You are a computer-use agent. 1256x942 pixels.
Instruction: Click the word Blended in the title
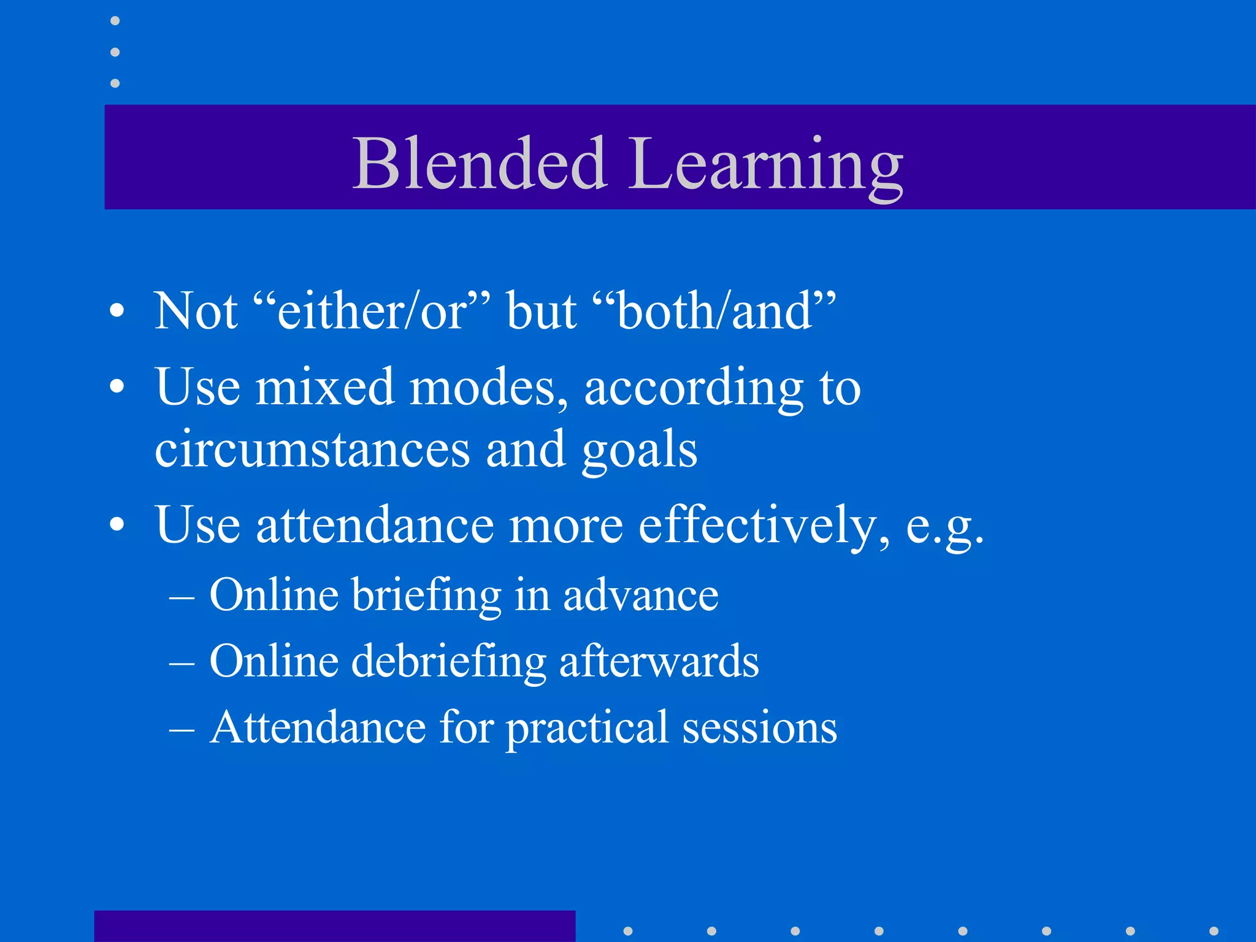pos(480,164)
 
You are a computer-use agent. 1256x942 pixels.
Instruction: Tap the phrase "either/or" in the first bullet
pos(372,311)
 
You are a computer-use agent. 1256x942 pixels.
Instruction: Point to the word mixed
pos(324,388)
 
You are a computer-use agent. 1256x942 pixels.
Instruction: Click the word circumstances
pos(312,450)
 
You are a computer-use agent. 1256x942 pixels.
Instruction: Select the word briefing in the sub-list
pos(426,595)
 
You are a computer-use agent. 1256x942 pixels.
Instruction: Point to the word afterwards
pos(659,661)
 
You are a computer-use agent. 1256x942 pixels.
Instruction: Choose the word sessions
pos(760,728)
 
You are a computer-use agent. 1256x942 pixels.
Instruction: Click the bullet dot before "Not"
pos(117,312)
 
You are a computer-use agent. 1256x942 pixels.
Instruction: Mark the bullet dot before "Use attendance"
pos(117,526)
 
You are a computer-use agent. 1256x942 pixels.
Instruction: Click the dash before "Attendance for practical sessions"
pos(182,729)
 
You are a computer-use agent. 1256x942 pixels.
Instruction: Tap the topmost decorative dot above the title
pos(115,21)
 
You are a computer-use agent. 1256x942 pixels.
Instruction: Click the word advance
pos(640,595)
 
